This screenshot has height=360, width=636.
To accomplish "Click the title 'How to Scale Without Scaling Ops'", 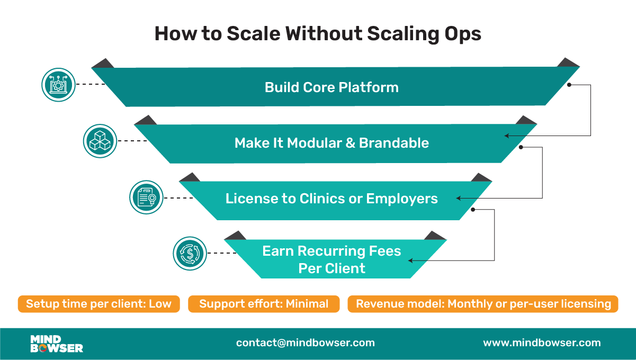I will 318,34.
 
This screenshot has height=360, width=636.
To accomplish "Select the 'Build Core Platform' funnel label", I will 332,87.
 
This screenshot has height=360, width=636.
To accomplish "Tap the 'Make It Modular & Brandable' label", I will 332,143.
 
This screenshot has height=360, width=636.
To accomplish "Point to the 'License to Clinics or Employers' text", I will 332,199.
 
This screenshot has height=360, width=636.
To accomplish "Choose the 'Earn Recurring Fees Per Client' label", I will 332,259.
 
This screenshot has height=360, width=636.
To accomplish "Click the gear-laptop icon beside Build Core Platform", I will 57,85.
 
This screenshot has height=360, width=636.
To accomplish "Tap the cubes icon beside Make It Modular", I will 100,141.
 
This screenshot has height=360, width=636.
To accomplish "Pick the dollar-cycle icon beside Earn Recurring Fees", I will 189,254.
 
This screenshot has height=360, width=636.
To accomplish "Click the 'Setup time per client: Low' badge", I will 98,304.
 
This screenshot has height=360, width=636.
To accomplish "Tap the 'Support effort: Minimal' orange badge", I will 264,304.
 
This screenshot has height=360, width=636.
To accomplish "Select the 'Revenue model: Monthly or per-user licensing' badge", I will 483,304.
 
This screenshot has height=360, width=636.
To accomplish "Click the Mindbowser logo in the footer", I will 56,344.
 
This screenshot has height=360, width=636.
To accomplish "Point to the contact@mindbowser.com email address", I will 306,343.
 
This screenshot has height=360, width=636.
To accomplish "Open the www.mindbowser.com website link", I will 542,343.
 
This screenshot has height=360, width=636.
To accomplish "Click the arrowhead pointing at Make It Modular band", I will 507,136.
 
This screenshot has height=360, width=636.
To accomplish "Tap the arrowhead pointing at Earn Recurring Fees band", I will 409,260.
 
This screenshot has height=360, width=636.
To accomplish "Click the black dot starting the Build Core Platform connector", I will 569,85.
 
